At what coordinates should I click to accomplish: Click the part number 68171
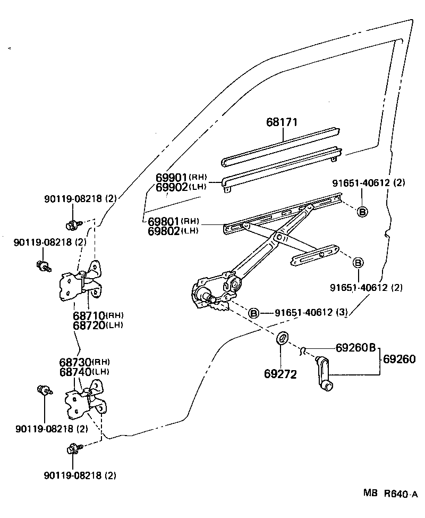282,122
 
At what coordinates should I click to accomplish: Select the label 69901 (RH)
181,177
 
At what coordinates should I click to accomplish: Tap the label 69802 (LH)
173,231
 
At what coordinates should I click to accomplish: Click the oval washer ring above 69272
283,338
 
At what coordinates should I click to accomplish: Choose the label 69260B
355,348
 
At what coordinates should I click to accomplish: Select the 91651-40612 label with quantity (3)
311,313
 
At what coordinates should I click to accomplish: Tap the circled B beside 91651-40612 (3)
254,313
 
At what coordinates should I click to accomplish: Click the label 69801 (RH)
173,222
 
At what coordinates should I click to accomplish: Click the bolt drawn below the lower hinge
73,449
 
